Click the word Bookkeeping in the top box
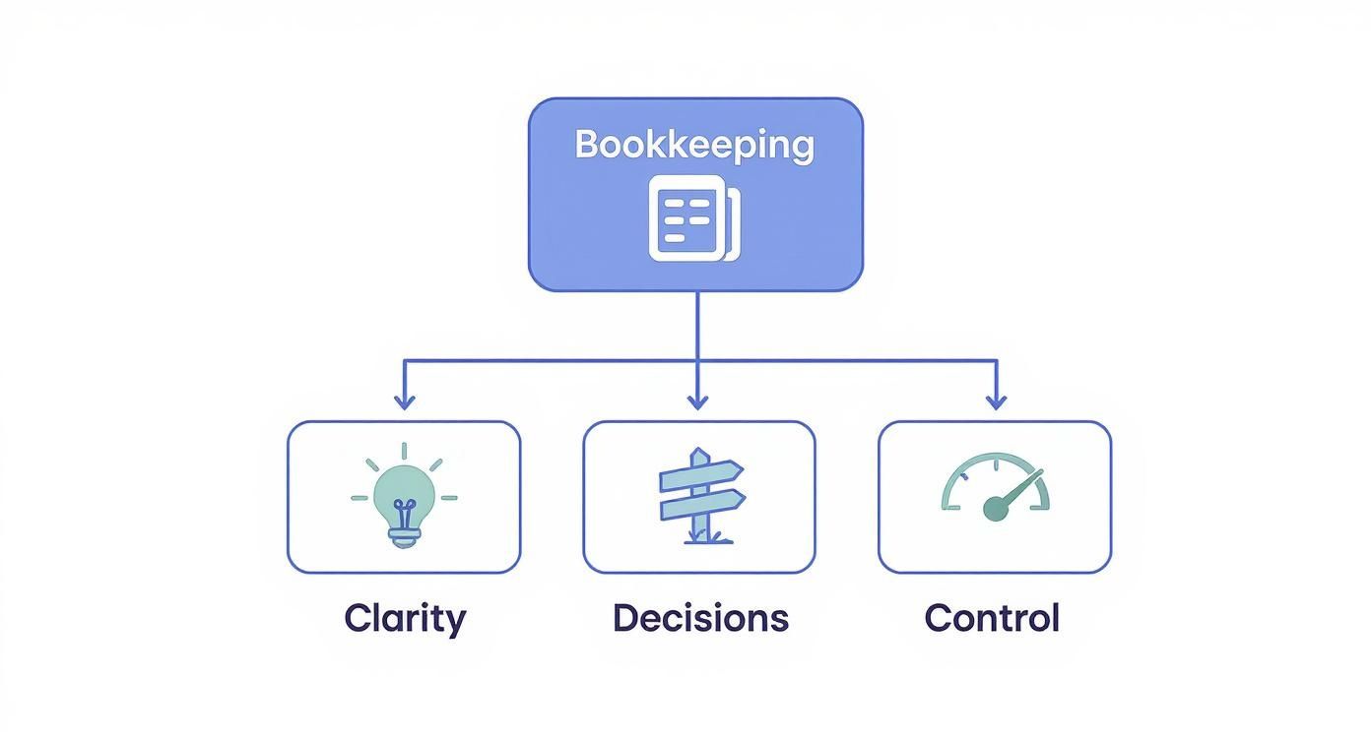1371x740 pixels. click(x=695, y=145)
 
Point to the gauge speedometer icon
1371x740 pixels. click(x=995, y=487)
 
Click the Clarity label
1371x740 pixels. click(x=405, y=618)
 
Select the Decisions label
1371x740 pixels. click(x=700, y=618)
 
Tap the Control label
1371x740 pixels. click(x=992, y=618)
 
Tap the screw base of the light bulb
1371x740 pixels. click(x=404, y=535)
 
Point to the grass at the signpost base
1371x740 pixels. click(x=700, y=537)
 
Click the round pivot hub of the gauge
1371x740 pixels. click(x=996, y=509)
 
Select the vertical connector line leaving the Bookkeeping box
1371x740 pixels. click(x=697, y=325)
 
